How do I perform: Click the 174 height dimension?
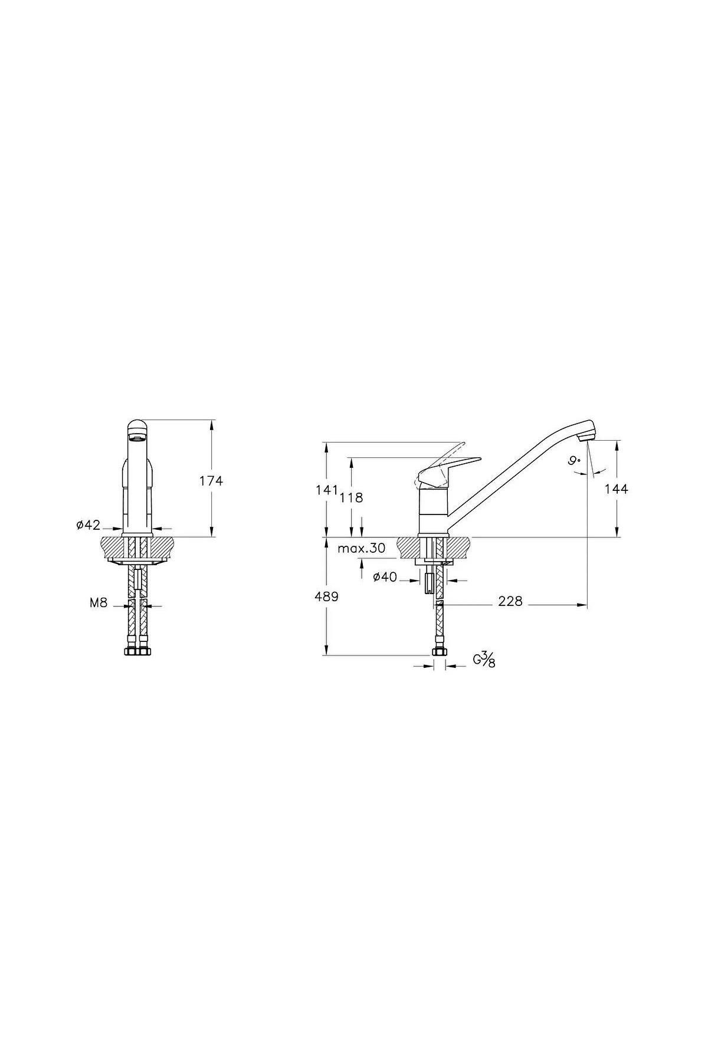point(211,481)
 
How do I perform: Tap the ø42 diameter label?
point(88,525)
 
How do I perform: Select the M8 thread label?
point(98,603)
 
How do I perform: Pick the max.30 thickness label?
point(362,548)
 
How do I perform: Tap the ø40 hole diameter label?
point(385,577)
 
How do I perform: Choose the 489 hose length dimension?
point(326,596)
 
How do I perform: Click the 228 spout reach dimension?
point(510,601)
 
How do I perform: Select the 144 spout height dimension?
point(617,489)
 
